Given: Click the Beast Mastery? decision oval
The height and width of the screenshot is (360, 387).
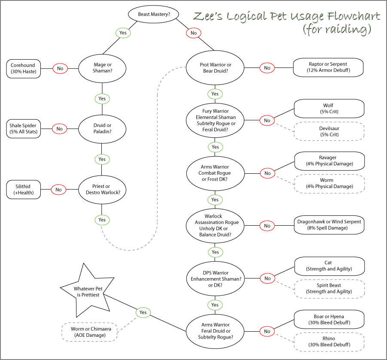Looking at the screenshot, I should coord(154,15).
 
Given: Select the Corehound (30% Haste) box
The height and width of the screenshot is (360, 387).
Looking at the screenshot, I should coord(24,68).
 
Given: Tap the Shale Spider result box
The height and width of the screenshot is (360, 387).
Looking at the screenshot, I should coord(24,128).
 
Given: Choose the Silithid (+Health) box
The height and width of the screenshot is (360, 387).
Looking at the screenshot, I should coord(24,189).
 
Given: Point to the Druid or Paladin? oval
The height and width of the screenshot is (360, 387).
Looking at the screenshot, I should coord(102,128).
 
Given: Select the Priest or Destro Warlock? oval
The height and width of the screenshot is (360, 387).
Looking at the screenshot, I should coord(102,189).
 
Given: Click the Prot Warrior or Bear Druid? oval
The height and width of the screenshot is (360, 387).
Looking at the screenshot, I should coord(216,68).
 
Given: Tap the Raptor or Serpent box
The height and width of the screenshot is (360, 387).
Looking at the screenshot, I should coord(328,67).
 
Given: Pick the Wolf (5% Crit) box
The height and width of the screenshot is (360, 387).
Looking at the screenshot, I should coord(329,109).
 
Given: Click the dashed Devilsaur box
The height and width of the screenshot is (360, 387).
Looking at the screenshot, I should coord(329,131).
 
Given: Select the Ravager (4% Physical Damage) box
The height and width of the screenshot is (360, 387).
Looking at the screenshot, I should coord(329,160).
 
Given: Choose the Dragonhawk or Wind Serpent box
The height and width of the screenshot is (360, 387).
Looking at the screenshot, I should coord(329,225).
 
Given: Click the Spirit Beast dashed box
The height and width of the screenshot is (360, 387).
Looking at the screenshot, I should coord(329,288).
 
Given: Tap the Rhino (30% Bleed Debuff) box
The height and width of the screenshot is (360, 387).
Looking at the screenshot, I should coord(329,342).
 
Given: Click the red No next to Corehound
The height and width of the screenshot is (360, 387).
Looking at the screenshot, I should coord(60,68).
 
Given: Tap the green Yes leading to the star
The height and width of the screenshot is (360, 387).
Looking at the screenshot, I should coord(143,312).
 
